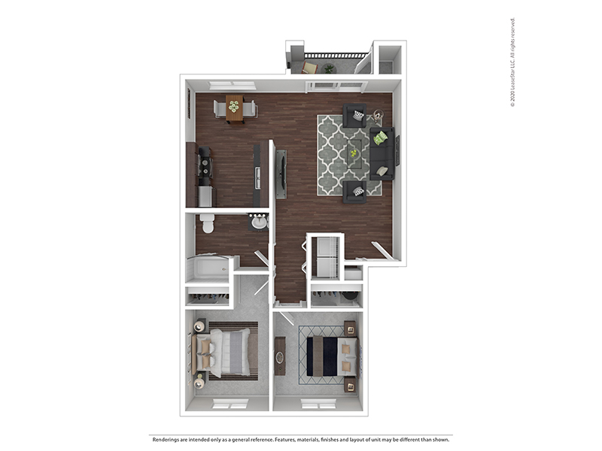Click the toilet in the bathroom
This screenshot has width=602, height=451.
pyautogui.click(x=208, y=223)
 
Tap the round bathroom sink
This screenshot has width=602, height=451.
pyautogui.click(x=259, y=222)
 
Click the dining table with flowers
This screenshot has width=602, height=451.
pyautogui.click(x=235, y=109)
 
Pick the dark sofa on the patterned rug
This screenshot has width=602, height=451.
pyautogui.click(x=382, y=153)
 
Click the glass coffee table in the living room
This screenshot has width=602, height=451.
pyautogui.click(x=354, y=154)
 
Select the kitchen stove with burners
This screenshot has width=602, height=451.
pyautogui.click(x=205, y=165)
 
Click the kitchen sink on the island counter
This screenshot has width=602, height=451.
pyautogui.click(x=258, y=178)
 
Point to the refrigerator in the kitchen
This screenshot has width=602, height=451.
pyautogui.click(x=205, y=196)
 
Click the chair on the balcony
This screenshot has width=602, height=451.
pyautogui.click(x=310, y=68)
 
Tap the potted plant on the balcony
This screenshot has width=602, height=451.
pyautogui.click(x=330, y=69)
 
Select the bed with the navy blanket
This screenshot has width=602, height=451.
pyautogui.click(x=333, y=356)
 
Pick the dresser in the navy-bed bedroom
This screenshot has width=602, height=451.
pyautogui.click(x=280, y=356)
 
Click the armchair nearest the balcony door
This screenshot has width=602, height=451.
pyautogui.click(x=354, y=116)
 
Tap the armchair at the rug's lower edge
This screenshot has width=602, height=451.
pyautogui.click(x=354, y=192)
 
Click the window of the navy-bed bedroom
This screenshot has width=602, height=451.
pyautogui.click(x=318, y=404)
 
